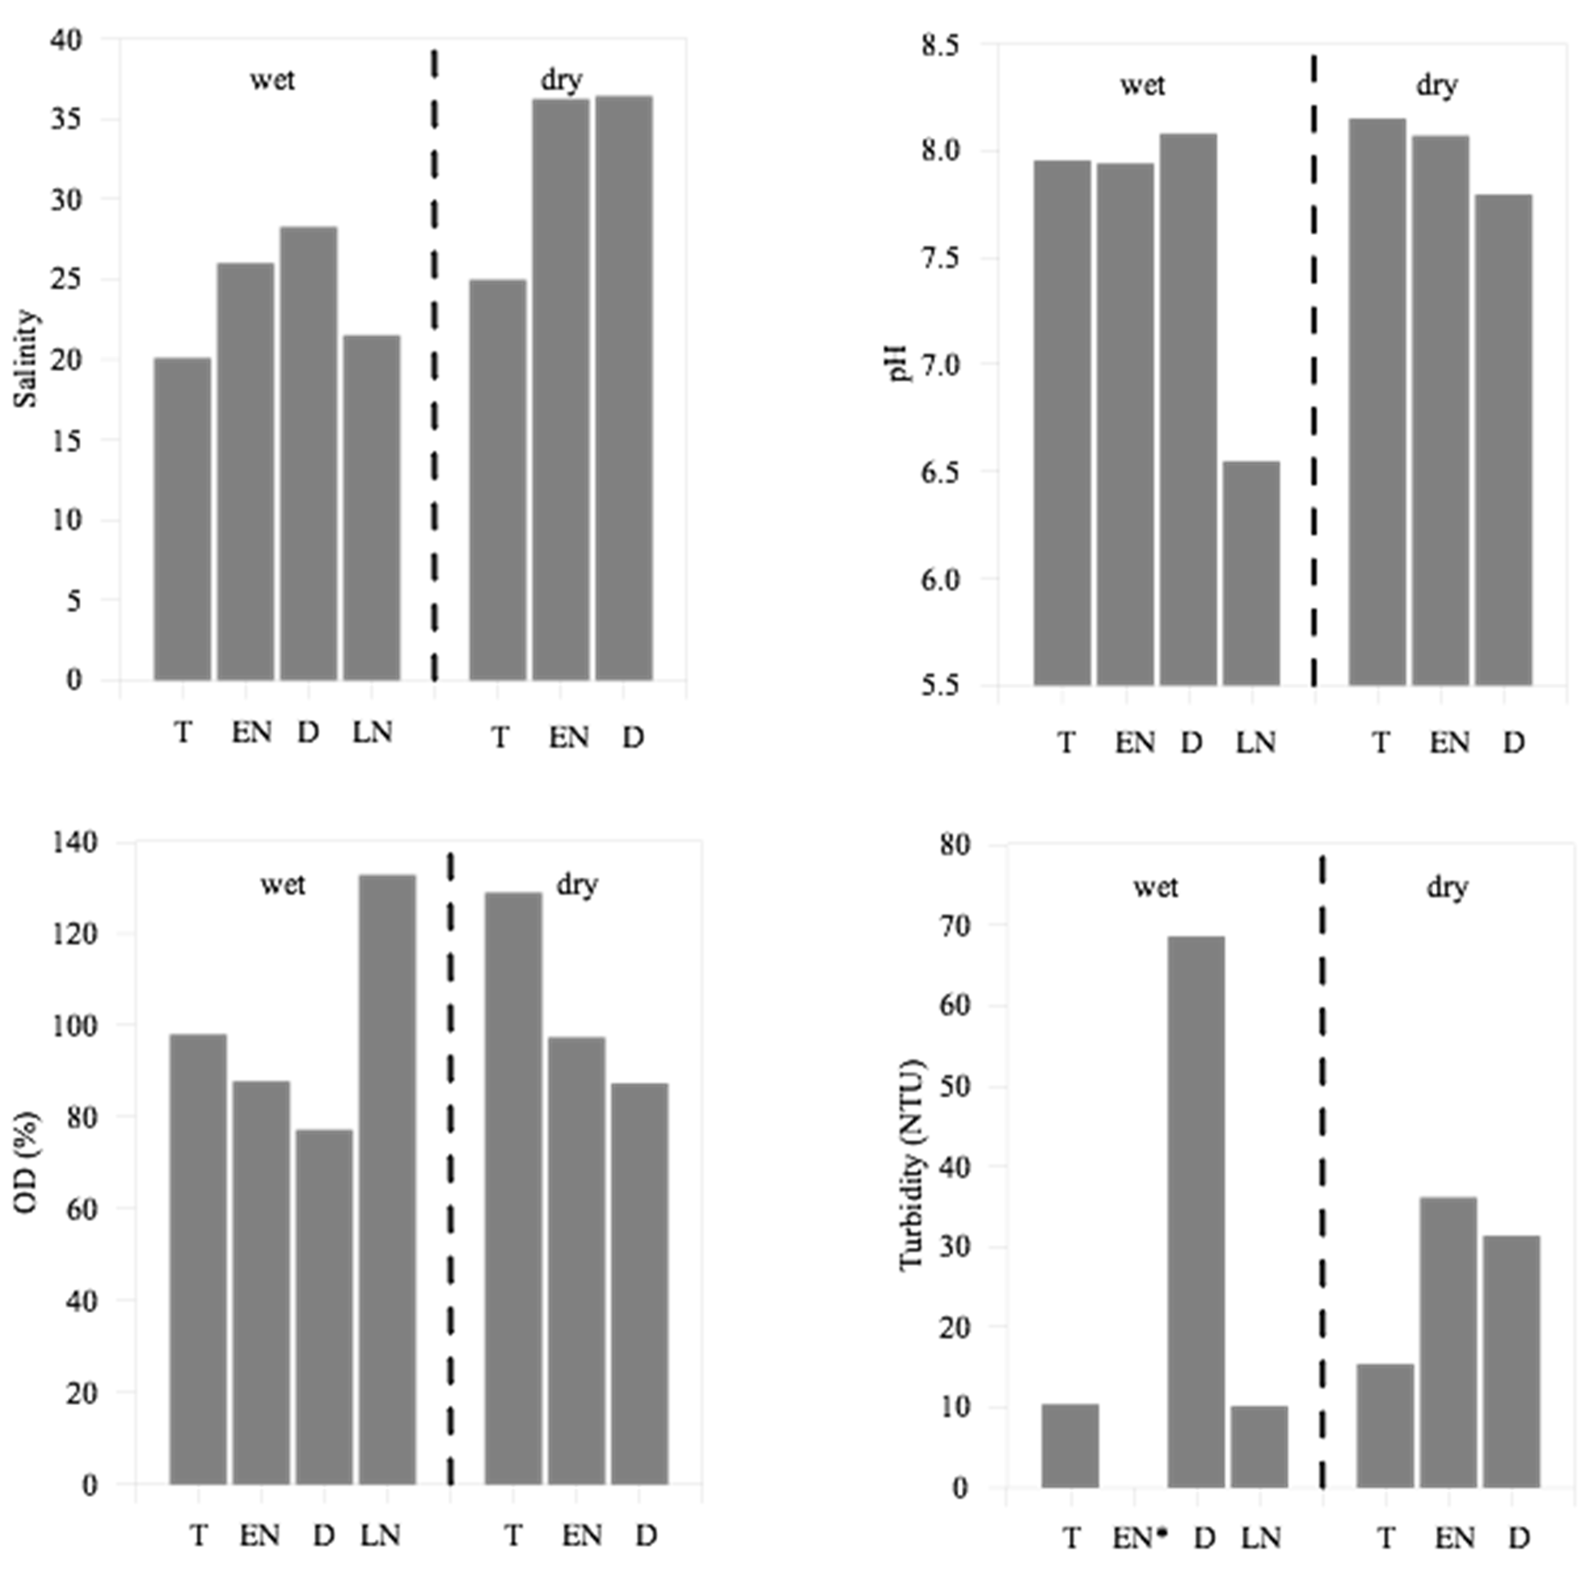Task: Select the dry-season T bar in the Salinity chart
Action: (x=498, y=480)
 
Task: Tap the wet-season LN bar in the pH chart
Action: (x=1251, y=574)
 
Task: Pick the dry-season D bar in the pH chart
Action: (x=1504, y=440)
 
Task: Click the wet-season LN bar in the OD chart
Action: (x=387, y=1180)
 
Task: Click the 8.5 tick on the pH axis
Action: (x=941, y=45)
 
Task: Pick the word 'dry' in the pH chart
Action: (x=1437, y=85)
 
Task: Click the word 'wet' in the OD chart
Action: (x=283, y=884)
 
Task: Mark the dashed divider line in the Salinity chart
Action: (x=434, y=363)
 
